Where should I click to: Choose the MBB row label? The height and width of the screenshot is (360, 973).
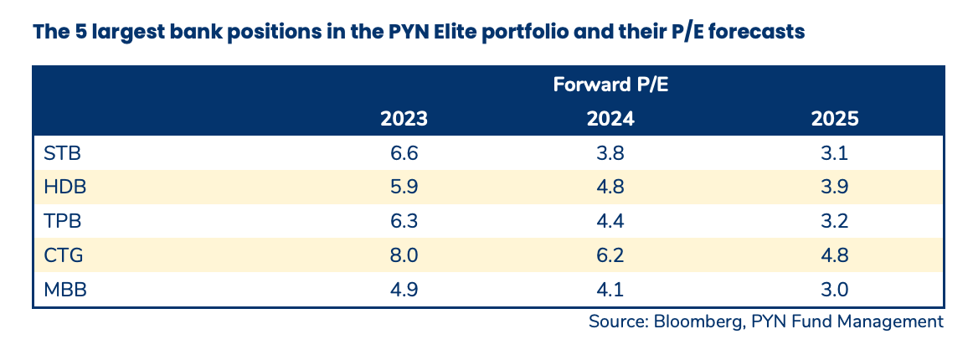(x=65, y=291)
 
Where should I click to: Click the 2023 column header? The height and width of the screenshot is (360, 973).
(x=404, y=118)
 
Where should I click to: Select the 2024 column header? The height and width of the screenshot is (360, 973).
(x=610, y=118)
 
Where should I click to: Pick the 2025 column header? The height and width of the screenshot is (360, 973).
(x=835, y=118)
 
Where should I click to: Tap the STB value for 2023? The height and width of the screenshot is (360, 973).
(x=404, y=154)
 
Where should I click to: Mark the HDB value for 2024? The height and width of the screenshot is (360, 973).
(x=610, y=188)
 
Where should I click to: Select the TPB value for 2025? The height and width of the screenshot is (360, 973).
(x=835, y=223)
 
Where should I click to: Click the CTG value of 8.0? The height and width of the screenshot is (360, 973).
(x=404, y=257)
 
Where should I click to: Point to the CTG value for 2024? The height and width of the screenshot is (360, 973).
(x=610, y=257)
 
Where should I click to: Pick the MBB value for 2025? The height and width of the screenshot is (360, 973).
(x=835, y=291)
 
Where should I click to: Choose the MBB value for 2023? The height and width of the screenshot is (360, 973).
(x=404, y=291)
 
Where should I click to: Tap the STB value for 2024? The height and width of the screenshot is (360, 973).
(x=610, y=154)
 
